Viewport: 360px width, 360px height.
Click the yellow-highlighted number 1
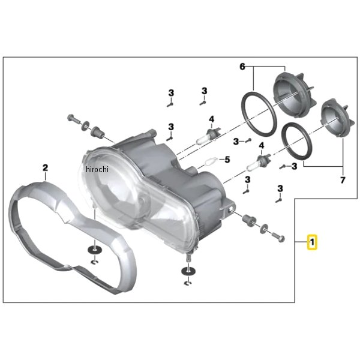point(312,242)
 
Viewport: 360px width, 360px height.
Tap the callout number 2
point(46,167)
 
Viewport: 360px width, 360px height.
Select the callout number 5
point(227,160)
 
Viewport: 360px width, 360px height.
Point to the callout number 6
point(242,67)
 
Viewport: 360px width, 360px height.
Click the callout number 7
point(343,180)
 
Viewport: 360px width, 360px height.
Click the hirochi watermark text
point(97,169)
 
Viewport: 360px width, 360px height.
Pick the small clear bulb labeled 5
point(211,161)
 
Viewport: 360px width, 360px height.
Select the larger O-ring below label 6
point(259,114)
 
